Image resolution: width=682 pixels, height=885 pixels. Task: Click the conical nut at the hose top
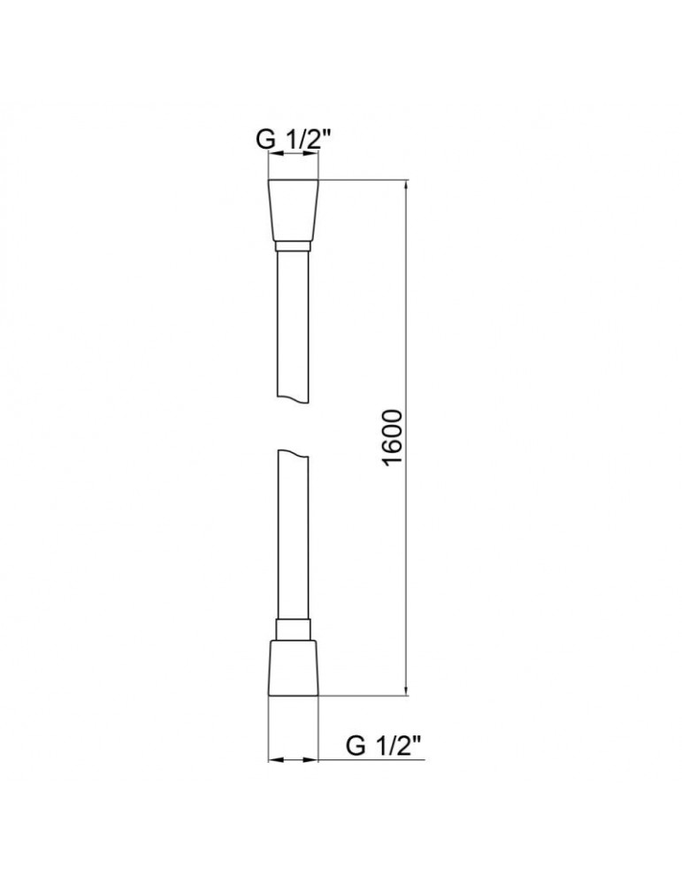pyautogui.click(x=293, y=211)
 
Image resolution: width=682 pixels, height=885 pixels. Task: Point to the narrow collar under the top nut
pyautogui.click(x=293, y=245)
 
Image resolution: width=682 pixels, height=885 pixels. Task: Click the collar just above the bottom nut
pyautogui.click(x=293, y=629)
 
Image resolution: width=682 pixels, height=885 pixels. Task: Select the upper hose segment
pyautogui.click(x=293, y=327)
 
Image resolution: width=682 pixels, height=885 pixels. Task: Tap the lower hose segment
pyautogui.click(x=293, y=540)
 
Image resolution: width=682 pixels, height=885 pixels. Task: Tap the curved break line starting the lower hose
pyautogui.click(x=293, y=455)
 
